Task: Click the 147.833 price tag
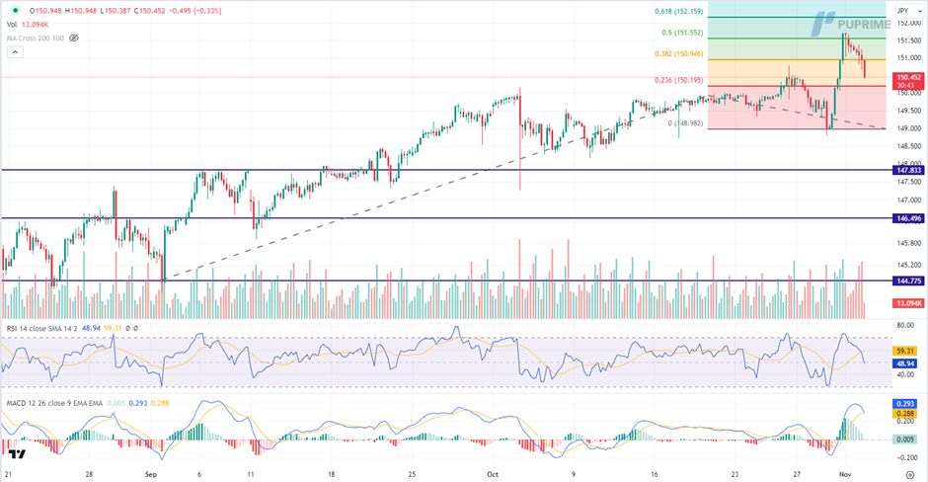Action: pyautogui.click(x=908, y=170)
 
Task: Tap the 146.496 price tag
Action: pyautogui.click(x=908, y=218)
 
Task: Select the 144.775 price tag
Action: pyautogui.click(x=908, y=281)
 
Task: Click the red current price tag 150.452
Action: pyautogui.click(x=908, y=76)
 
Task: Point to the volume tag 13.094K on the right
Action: pyautogui.click(x=908, y=303)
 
